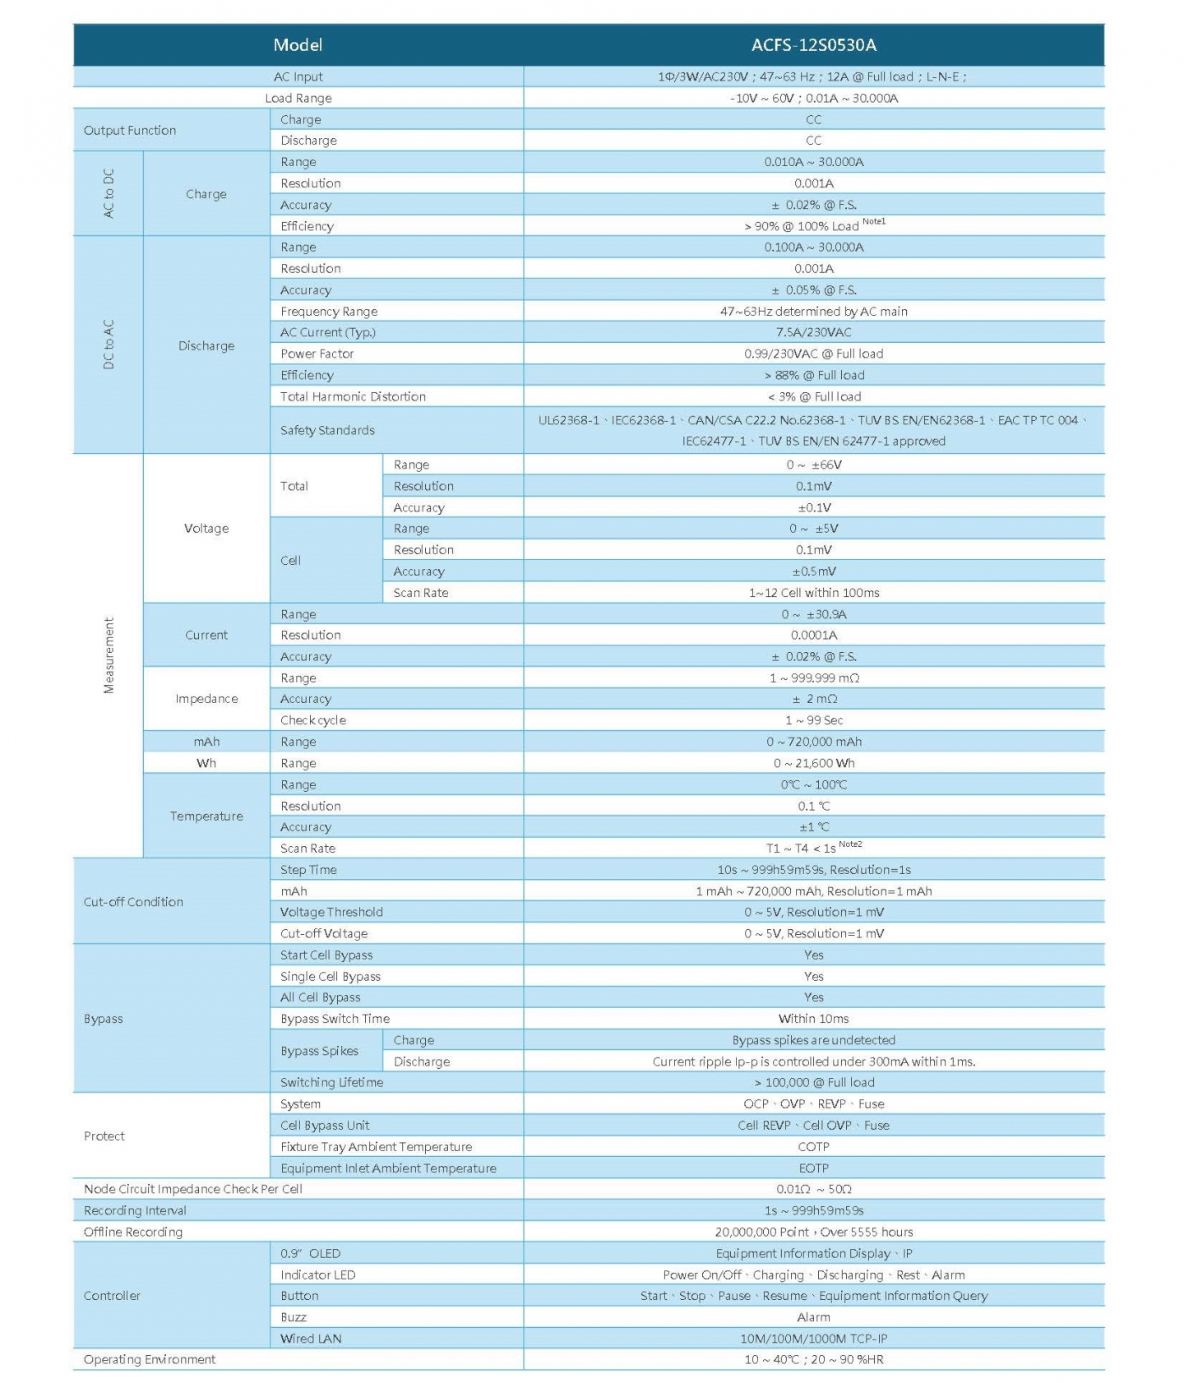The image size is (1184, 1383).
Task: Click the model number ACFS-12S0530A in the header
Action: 813,45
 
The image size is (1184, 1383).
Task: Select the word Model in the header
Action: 298,45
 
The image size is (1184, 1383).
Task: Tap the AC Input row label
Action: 298,76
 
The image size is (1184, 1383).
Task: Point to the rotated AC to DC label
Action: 109,193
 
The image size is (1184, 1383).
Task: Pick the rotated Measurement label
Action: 109,655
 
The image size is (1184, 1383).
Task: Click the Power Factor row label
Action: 317,354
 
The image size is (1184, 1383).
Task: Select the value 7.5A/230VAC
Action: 813,332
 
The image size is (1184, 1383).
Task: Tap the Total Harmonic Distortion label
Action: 353,396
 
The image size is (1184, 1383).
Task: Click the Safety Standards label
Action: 327,430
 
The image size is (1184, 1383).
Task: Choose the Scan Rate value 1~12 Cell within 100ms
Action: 813,592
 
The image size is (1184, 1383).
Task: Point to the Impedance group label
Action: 206,699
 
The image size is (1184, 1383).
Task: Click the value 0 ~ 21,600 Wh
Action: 813,763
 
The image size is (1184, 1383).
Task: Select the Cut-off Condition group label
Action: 133,901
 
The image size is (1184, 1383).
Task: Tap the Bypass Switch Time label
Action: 335,1019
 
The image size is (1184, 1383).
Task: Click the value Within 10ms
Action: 813,1019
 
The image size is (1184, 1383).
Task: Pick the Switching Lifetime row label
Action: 331,1082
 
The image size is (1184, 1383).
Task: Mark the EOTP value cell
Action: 813,1168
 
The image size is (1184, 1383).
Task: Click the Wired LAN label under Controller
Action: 310,1338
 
